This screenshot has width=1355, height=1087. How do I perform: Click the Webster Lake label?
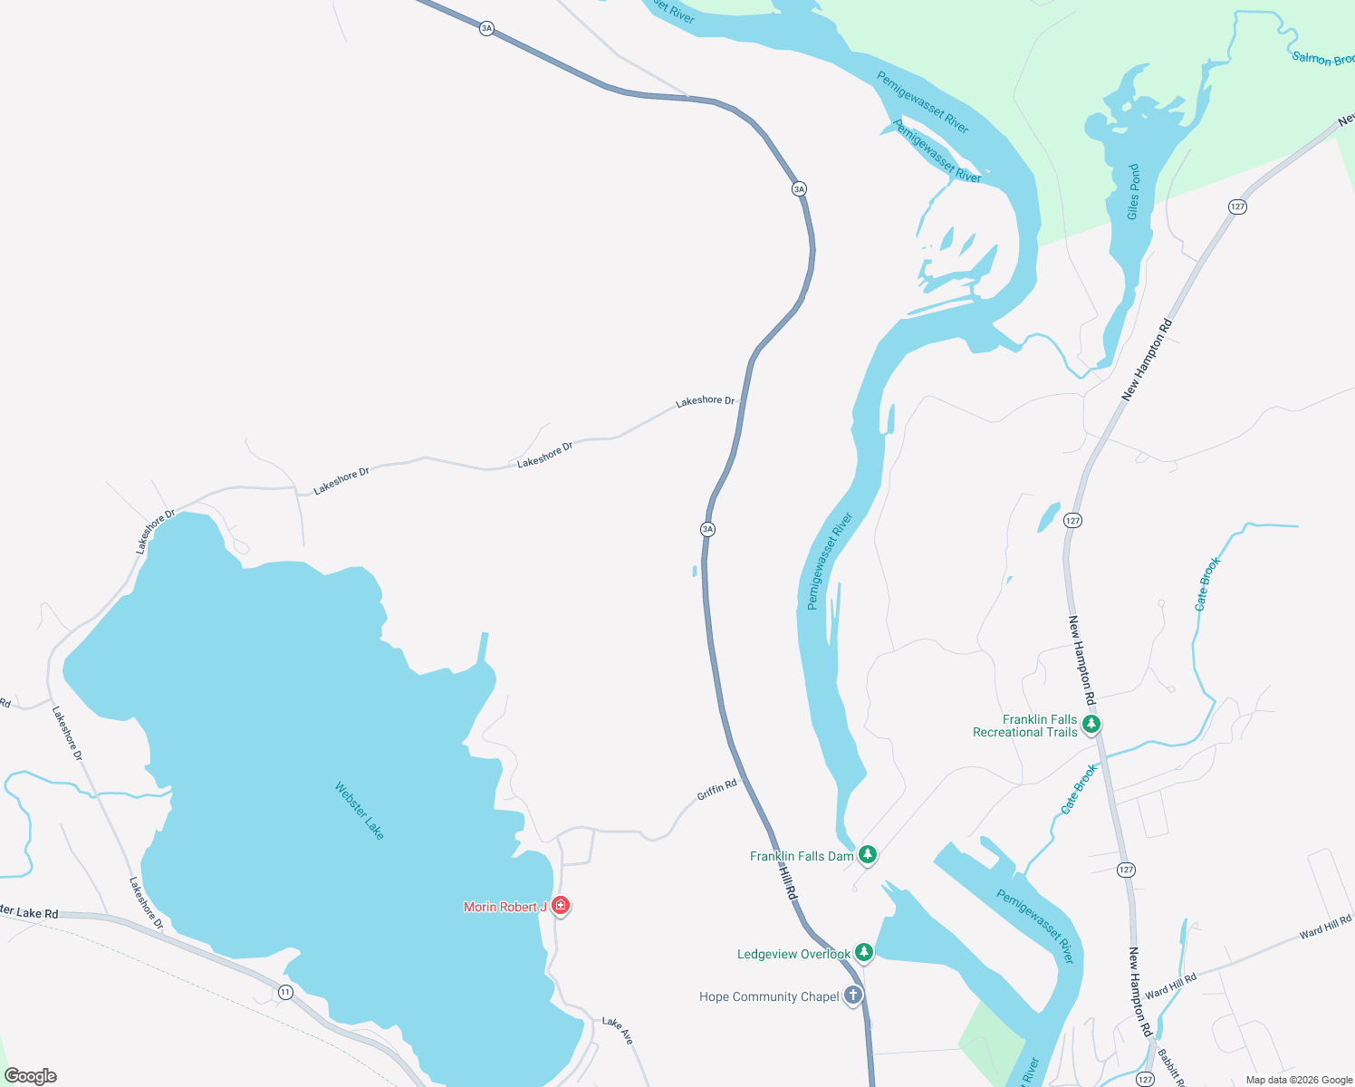tap(360, 811)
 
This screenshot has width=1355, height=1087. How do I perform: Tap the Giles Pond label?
tap(1133, 192)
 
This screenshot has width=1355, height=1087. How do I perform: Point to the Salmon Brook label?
tap(1322, 59)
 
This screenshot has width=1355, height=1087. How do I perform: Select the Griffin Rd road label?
tap(716, 790)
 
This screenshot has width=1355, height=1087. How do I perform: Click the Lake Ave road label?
tap(618, 1030)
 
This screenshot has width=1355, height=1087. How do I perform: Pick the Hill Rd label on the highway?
tap(789, 881)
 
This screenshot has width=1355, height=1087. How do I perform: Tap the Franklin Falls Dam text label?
tap(802, 856)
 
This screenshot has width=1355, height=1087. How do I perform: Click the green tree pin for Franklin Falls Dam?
tap(868, 854)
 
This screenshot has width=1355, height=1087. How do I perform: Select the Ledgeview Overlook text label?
tap(793, 954)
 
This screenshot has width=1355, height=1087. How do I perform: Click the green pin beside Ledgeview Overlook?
tap(864, 952)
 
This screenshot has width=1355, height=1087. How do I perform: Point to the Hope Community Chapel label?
tap(769, 996)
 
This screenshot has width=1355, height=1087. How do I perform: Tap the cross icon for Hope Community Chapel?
tap(853, 996)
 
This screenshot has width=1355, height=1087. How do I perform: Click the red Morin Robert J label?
tap(505, 907)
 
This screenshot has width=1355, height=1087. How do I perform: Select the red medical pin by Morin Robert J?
tap(561, 905)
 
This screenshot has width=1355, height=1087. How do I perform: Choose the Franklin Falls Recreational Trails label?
tap(1025, 726)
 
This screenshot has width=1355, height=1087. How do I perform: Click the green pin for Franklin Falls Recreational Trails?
tap(1091, 724)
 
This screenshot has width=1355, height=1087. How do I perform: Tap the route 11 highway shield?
tap(285, 992)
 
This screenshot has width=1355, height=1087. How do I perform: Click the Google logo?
tap(31, 1076)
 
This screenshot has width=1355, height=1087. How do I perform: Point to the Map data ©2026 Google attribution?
tap(1299, 1080)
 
